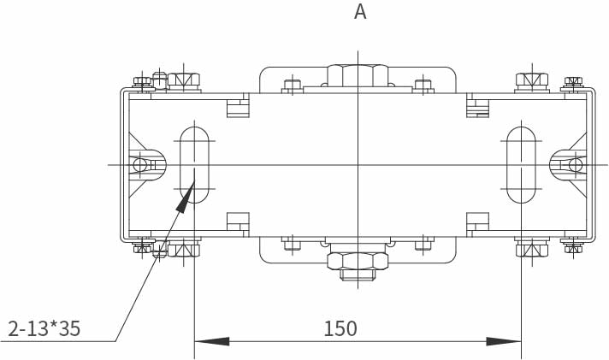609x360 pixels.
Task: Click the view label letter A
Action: tap(360, 12)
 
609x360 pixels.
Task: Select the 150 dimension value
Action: tap(340, 328)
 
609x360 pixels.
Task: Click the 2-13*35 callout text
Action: tap(44, 328)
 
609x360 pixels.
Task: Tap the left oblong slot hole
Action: tap(194, 165)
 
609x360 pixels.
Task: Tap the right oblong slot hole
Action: tap(521, 165)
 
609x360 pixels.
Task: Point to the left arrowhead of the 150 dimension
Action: tap(211, 342)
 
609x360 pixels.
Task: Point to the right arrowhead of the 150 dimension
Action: tap(504, 342)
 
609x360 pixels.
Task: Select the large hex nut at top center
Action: tap(358, 75)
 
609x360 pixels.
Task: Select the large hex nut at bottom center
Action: tap(358, 261)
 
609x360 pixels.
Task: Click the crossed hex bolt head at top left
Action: tap(184, 80)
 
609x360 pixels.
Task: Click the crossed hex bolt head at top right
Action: tap(532, 80)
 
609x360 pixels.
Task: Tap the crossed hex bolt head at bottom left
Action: tap(184, 250)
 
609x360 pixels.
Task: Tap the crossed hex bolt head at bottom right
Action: tap(532, 250)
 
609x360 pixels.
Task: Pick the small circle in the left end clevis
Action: tap(139, 165)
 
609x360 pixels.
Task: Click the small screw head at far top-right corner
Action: tap(574, 81)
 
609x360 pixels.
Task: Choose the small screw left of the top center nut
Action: tap(293, 85)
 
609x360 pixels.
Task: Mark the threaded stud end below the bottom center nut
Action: tap(358, 275)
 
